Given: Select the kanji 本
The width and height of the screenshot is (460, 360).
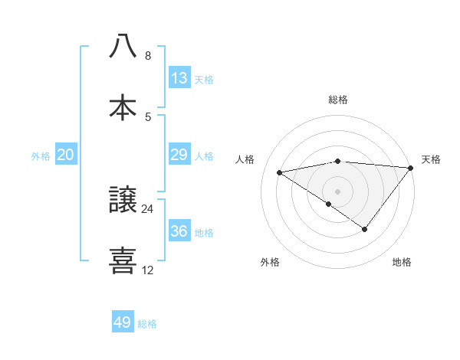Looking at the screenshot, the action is (123, 107).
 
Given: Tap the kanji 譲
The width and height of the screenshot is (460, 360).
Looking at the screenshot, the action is (123, 201).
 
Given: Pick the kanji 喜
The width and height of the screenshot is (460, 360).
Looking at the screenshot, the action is (123, 260).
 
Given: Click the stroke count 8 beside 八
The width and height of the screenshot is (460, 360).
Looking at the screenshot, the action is (148, 56).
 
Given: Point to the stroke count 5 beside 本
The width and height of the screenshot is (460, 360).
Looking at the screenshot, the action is (148, 117).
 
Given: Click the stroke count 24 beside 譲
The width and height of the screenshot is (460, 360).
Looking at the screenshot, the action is (148, 209).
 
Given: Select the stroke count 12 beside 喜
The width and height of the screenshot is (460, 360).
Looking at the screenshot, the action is (148, 270).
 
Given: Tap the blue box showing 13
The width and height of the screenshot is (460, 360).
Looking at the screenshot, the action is (179, 78).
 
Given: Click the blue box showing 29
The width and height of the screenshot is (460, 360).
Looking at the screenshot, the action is (179, 155).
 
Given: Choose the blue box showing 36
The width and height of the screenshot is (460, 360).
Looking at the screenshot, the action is (179, 231).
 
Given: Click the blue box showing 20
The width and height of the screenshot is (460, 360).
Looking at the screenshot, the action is (66, 155).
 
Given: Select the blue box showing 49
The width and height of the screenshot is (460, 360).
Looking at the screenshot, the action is (123, 322).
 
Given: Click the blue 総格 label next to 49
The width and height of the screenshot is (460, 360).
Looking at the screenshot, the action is (147, 324).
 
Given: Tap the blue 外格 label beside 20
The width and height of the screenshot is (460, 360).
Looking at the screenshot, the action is (41, 156).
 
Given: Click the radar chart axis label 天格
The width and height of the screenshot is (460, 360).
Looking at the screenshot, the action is (431, 159).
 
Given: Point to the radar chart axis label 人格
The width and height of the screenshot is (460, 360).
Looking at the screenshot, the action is (245, 159).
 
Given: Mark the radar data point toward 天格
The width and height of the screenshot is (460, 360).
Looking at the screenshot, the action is (410, 168).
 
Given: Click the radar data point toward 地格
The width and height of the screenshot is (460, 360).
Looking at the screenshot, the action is (365, 229).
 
